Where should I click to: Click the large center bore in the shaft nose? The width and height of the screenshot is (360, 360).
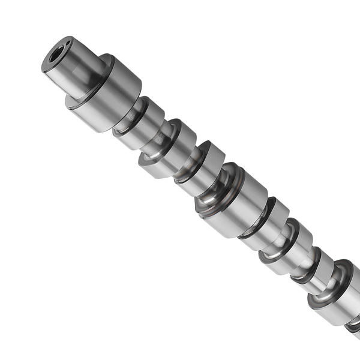coord(55,56)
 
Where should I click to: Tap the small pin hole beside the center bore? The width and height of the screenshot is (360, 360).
coord(67,43)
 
